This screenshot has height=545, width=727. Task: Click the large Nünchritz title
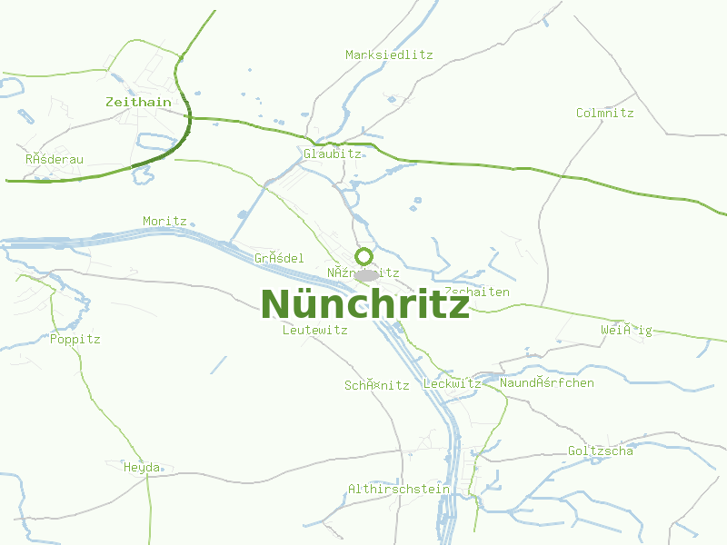pyautogui.click(x=364, y=304)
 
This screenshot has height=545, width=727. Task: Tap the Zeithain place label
pyautogui.click(x=138, y=102)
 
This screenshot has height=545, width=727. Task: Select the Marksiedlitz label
pyautogui.click(x=389, y=54)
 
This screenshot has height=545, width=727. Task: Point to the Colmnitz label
pyautogui.click(x=604, y=113)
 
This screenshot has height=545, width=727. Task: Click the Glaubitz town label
pyautogui.click(x=333, y=154)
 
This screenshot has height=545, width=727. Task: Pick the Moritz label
pyautogui.click(x=164, y=221)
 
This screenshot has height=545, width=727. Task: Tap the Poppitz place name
pyautogui.click(x=75, y=339)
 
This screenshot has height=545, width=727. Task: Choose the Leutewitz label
pyautogui.click(x=315, y=330)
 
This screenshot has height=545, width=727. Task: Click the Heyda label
pyautogui.click(x=142, y=467)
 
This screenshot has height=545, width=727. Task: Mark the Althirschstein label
pyautogui.click(x=399, y=489)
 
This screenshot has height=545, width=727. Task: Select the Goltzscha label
pyautogui.click(x=601, y=451)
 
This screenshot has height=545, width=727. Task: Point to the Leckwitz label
pyautogui.click(x=453, y=384)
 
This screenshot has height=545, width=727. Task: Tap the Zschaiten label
pyautogui.click(x=477, y=292)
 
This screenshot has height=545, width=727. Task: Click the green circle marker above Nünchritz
pyautogui.click(x=363, y=256)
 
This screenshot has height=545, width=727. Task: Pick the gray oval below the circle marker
pyautogui.click(x=366, y=274)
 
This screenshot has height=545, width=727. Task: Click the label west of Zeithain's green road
pyautogui.click(x=55, y=159)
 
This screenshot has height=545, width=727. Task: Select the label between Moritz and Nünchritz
pyautogui.click(x=279, y=258)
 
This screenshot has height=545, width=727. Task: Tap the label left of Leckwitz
pyautogui.click(x=376, y=384)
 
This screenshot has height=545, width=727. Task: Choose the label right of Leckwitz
pyautogui.click(x=547, y=382)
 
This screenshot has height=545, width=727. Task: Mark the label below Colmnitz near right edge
pyautogui.click(x=626, y=330)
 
